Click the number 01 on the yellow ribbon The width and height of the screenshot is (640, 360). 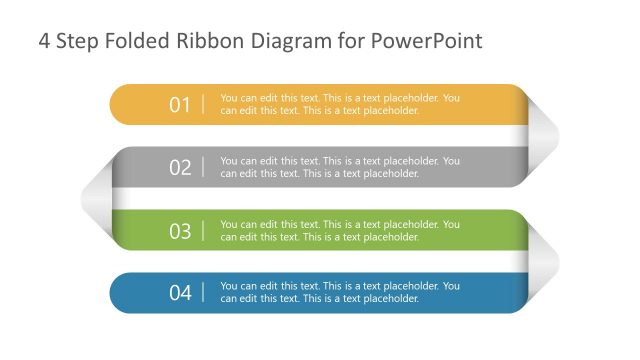pos(180,104)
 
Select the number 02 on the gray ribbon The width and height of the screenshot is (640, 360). pos(180,167)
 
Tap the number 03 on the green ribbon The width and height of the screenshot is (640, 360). pos(180,231)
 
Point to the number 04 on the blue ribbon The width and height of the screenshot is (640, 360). pos(180,293)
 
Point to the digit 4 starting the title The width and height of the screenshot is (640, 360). pos(44,42)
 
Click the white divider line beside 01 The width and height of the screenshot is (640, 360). pos(204,104)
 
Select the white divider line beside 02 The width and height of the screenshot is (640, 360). pos(204,167)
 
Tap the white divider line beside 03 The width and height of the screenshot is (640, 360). pos(204,231)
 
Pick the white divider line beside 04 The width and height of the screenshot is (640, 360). pos(204,293)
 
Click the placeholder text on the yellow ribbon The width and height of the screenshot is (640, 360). pos(339,104)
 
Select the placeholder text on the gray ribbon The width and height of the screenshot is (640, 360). pos(339,167)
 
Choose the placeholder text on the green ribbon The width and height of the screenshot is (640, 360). pos(339,231)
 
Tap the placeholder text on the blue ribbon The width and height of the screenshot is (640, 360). pos(339,293)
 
